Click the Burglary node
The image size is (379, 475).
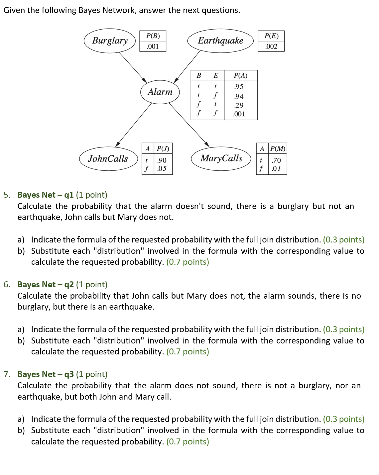110,41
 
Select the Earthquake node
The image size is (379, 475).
220,41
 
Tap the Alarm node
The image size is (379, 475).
160,92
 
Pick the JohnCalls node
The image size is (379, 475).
108,159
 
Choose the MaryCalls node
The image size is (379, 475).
221,158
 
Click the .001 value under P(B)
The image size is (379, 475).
153,47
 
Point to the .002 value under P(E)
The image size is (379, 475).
271,47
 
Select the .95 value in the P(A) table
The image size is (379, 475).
239,87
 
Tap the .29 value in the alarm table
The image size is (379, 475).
239,106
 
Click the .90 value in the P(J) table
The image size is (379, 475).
162,160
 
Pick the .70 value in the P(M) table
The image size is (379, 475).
276,160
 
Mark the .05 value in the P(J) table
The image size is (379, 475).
162,169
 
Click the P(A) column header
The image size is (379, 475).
240,75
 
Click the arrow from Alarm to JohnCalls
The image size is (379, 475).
134,125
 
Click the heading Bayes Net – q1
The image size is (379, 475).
46,195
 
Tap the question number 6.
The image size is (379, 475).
7,285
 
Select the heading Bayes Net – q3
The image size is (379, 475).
46,374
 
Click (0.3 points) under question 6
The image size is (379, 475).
343,330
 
